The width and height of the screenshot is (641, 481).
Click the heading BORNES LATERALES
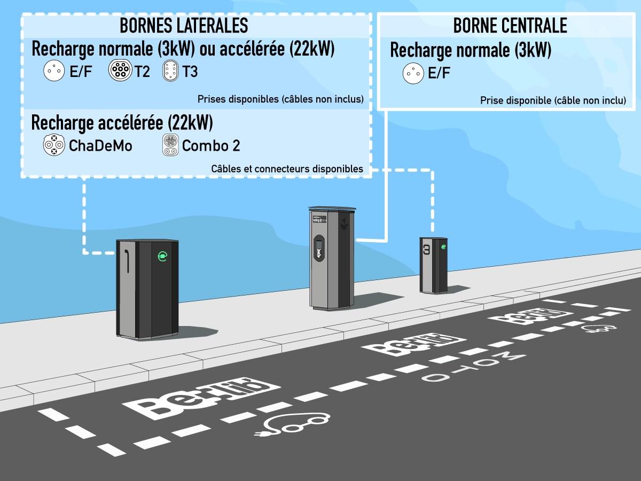[184, 25]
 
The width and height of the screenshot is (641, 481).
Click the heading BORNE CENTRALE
[510, 25]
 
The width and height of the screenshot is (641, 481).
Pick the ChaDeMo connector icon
[54, 145]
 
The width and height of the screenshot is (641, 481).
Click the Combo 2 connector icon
[170, 145]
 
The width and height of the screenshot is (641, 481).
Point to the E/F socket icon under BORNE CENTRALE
[413, 73]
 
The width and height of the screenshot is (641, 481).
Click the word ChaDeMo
[100, 145]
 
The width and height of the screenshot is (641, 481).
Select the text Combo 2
[211, 145]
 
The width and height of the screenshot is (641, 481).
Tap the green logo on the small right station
[443, 247]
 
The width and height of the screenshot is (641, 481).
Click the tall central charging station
[330, 259]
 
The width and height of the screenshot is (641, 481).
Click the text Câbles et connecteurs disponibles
[287, 169]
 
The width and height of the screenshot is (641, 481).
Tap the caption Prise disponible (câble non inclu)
[553, 100]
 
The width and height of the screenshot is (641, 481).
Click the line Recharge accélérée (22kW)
[122, 123]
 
